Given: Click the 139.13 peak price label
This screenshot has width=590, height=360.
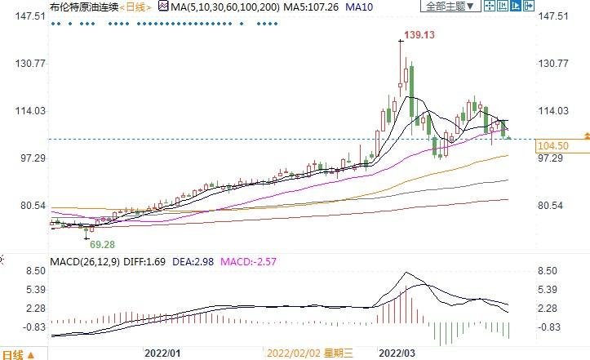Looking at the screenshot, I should click(x=415, y=36).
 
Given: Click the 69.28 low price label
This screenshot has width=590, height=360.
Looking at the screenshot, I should click(x=102, y=244).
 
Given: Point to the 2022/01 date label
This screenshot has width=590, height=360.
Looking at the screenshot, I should click(x=162, y=353).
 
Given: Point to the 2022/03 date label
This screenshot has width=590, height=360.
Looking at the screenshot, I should click(x=398, y=353).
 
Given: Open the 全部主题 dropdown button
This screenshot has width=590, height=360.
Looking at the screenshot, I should click(x=448, y=7).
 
